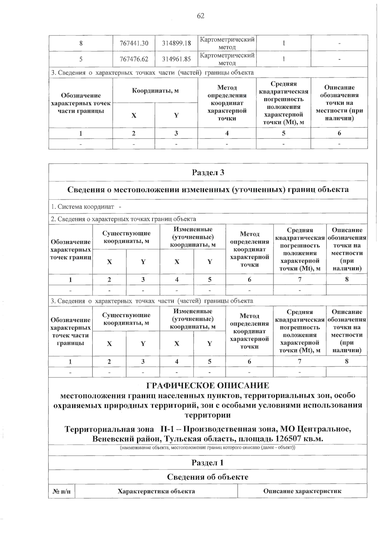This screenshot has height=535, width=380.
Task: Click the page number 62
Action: pos(201,16)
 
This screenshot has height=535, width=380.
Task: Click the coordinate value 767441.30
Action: pos(134,43)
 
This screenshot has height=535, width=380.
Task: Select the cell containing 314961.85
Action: pos(176,59)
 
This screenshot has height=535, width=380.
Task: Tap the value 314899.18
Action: pos(176,43)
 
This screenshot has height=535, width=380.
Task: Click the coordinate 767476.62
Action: pos(134,59)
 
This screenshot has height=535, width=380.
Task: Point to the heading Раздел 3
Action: pos(208,172)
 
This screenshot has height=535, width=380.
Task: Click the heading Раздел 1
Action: pos(208,462)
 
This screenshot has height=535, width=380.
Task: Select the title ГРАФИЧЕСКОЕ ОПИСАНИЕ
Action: pos(208,385)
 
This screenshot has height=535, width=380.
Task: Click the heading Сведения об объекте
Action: pos(208,477)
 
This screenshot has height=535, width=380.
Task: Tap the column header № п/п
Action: pos(62,491)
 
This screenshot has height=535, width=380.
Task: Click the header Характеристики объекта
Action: pos(156,491)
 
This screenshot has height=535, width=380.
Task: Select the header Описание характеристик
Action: pos(302,491)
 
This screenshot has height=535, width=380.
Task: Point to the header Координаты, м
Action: pos(155,91)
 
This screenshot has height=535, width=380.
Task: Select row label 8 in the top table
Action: pos(81,43)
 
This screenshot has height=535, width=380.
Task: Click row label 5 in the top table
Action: pos(81,59)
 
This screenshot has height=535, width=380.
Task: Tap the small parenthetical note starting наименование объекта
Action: pos(208,448)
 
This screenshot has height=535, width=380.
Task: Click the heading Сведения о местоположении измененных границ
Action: pos(208,190)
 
